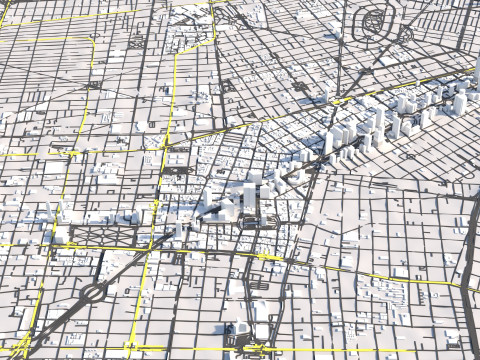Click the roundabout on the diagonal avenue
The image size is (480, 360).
(x=95, y=292)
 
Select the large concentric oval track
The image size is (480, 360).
(x=381, y=19)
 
